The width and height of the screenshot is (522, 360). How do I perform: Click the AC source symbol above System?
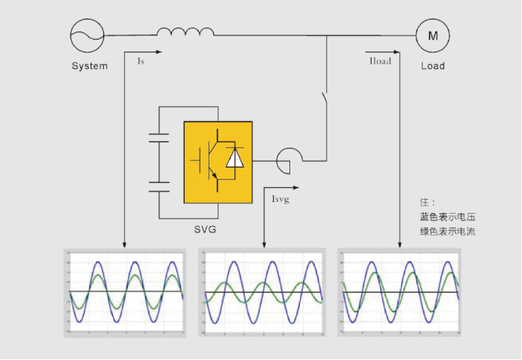(87, 35)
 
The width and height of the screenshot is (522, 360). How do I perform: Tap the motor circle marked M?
(432, 35)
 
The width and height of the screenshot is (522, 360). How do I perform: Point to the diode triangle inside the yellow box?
(235, 158)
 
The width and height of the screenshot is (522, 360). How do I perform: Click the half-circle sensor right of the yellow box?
(288, 159)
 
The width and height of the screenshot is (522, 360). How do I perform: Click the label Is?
(141, 61)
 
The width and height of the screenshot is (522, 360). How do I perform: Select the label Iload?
(381, 61)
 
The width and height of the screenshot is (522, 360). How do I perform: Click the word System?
(90, 66)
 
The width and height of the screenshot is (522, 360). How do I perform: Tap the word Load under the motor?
(433, 66)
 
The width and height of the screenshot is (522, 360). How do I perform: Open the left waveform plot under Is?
(125, 293)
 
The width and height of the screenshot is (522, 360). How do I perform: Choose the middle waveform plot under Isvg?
(263, 293)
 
